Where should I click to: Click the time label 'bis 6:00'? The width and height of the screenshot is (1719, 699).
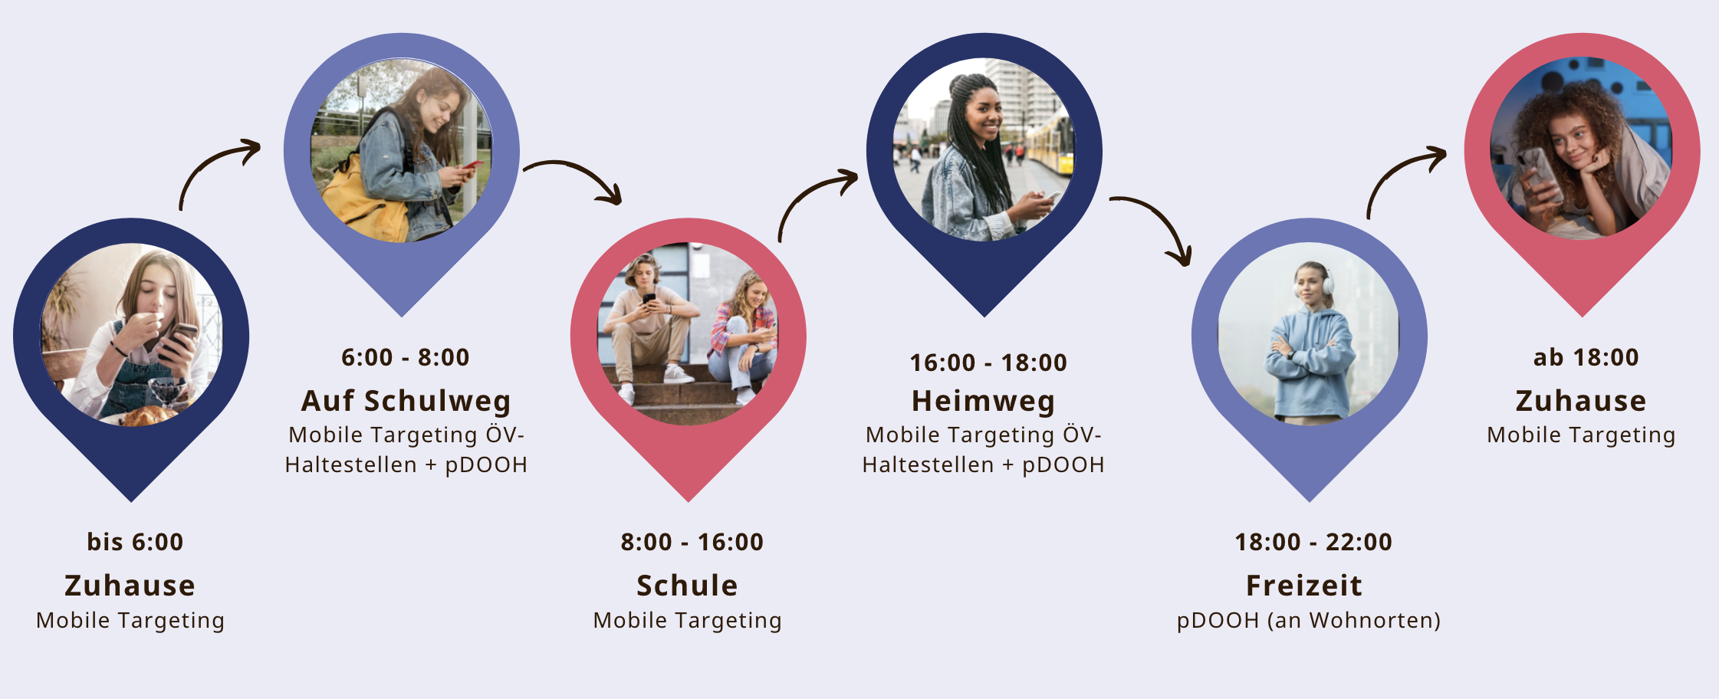[135, 542]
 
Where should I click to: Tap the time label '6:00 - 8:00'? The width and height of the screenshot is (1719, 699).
[406, 357]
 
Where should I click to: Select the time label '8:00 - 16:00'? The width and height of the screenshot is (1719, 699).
[692, 542]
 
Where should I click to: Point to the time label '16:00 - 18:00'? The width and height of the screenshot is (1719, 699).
[988, 363]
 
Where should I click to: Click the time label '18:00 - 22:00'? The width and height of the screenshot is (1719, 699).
[1313, 542]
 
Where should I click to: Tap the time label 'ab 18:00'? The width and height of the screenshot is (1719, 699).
[1586, 357]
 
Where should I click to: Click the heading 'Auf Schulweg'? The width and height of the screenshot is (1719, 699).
[406, 401]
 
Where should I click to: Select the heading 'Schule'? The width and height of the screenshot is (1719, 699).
[687, 586]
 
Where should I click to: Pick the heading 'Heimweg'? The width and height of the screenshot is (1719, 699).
[983, 401]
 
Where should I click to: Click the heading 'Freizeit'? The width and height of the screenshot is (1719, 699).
[1304, 586]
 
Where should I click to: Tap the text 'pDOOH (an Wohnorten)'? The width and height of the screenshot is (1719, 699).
[1309, 620]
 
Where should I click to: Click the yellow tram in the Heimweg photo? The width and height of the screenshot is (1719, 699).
[1052, 146]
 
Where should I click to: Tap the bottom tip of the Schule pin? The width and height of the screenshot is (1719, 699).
[689, 501]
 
